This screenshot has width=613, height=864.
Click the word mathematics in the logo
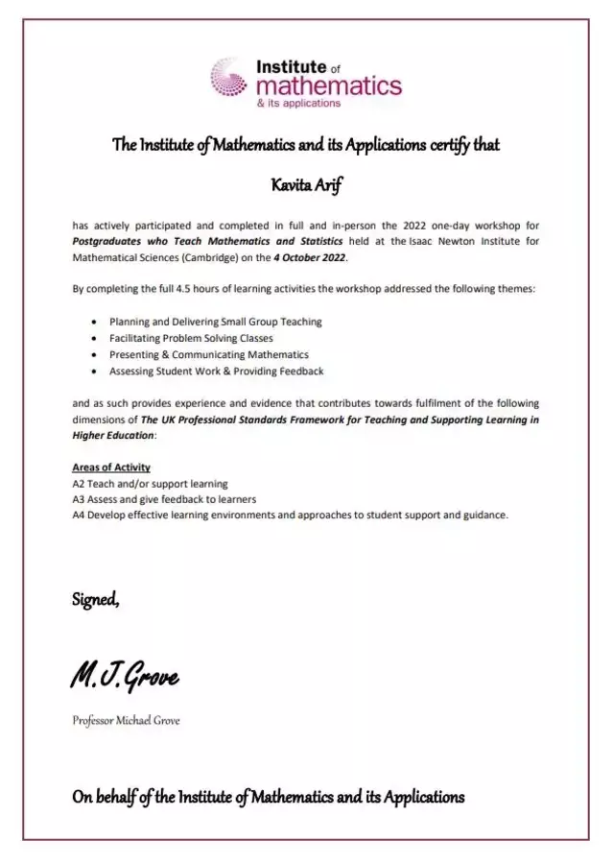point(328,86)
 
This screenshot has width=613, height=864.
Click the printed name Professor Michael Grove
point(125,721)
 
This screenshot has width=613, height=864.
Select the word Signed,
point(96,600)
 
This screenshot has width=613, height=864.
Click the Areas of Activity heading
point(111,468)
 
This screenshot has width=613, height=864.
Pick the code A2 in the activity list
point(80,484)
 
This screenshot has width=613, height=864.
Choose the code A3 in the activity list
point(80,499)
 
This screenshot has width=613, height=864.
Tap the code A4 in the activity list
point(80,515)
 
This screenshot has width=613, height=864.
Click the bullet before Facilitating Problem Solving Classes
point(92,339)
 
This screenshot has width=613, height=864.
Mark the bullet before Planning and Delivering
point(92,323)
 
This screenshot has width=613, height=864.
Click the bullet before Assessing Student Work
point(92,372)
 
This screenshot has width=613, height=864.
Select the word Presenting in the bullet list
point(134,355)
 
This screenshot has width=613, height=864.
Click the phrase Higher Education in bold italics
point(112,435)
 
